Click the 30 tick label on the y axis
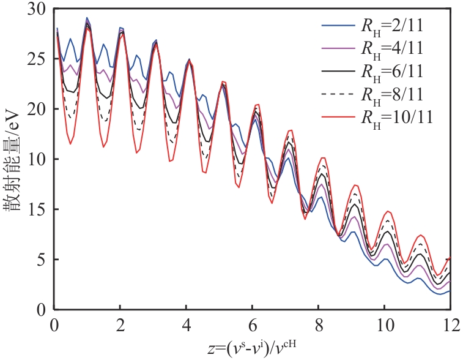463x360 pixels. [x=39, y=9]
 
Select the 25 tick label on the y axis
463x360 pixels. [x=39, y=59]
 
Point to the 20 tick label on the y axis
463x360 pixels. [x=39, y=110]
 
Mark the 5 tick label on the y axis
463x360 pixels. [x=42, y=260]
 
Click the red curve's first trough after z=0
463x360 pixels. [x=71, y=144]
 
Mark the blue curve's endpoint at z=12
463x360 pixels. [x=450, y=291]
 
